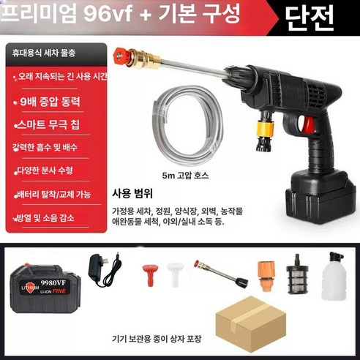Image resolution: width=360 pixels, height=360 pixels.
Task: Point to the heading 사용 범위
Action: coord(132,195)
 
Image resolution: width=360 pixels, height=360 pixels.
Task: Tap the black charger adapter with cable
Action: coord(101,274)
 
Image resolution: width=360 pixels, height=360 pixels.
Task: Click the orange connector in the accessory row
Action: coord(265,273)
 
